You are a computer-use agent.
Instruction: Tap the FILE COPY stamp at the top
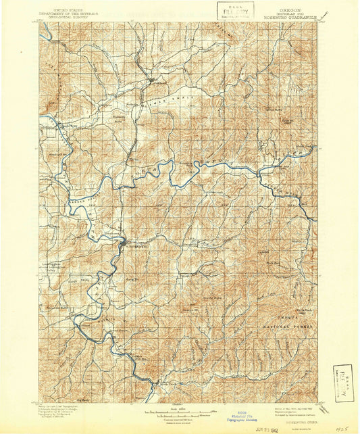235,10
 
